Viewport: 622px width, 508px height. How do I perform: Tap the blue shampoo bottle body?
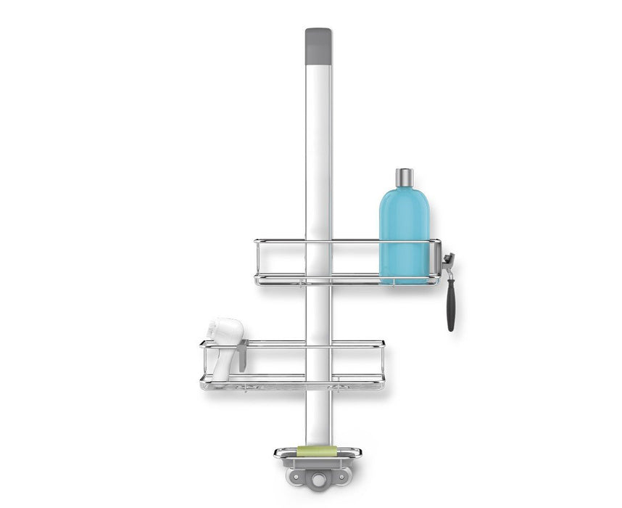pos(404,232)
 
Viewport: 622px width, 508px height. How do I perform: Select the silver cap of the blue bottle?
pos(405,178)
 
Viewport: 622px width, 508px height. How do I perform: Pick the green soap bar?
pos(317,451)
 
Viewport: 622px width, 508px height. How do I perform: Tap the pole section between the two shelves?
pos(318,312)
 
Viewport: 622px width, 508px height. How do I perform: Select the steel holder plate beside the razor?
pos(436,255)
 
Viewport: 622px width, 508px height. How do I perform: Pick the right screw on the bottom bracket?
pos(342,477)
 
